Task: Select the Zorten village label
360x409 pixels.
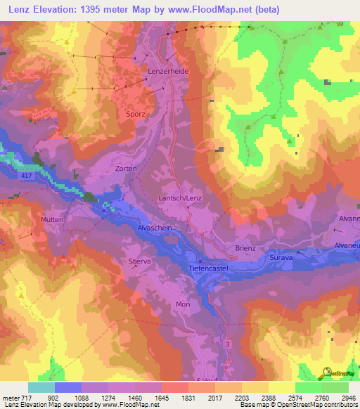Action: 126,169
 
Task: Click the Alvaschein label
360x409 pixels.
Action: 155,228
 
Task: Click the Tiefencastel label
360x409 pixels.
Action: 210,268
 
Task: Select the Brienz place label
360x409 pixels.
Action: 245,249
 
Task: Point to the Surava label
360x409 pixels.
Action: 282,259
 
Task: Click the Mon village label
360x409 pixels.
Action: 183,304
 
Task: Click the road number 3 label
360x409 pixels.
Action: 228,344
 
